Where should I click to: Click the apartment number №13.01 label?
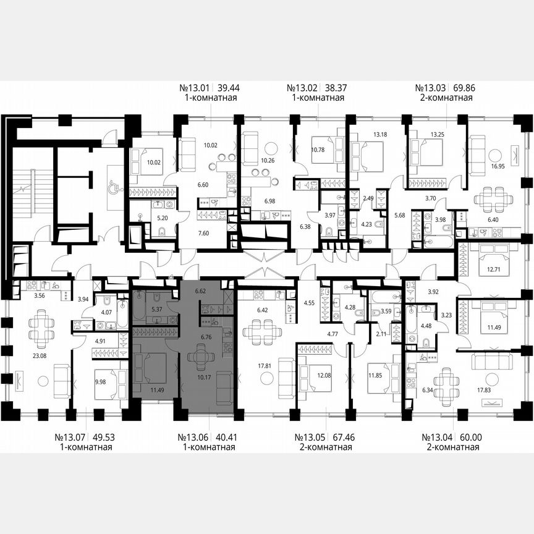(192, 88)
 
